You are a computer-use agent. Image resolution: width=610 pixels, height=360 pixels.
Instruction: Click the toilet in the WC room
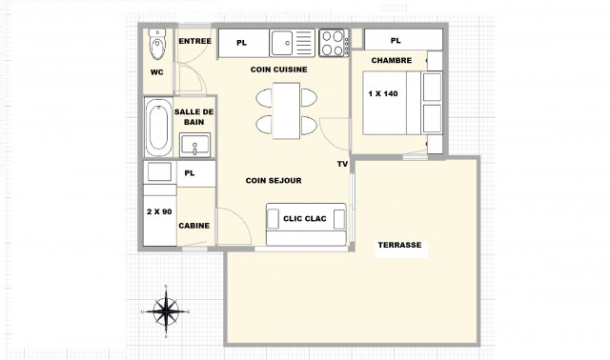157,43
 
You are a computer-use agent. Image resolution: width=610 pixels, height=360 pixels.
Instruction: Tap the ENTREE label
194,40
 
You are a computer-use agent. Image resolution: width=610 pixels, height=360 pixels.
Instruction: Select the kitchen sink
285,43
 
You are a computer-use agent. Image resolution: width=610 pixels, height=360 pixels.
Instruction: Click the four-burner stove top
333,43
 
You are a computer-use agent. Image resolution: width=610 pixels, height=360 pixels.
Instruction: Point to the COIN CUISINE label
278,70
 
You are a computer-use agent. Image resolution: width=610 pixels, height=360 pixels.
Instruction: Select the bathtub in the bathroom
158,128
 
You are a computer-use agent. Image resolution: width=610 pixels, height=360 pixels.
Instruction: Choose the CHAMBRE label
391,60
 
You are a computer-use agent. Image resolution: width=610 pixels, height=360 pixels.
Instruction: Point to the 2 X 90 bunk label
158,210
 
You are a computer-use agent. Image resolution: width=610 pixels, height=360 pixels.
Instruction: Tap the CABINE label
194,226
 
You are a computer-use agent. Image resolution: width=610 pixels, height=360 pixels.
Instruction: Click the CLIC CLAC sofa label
305,218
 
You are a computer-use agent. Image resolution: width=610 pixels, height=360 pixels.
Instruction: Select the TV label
341,164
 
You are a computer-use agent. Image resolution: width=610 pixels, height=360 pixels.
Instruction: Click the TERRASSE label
400,245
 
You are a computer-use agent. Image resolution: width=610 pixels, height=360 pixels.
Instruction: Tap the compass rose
166,310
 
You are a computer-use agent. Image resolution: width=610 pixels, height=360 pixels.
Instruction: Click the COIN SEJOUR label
274,180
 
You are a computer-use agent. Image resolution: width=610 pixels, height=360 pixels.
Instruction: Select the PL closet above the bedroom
395,40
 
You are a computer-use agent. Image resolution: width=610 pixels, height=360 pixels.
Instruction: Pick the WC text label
157,72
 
